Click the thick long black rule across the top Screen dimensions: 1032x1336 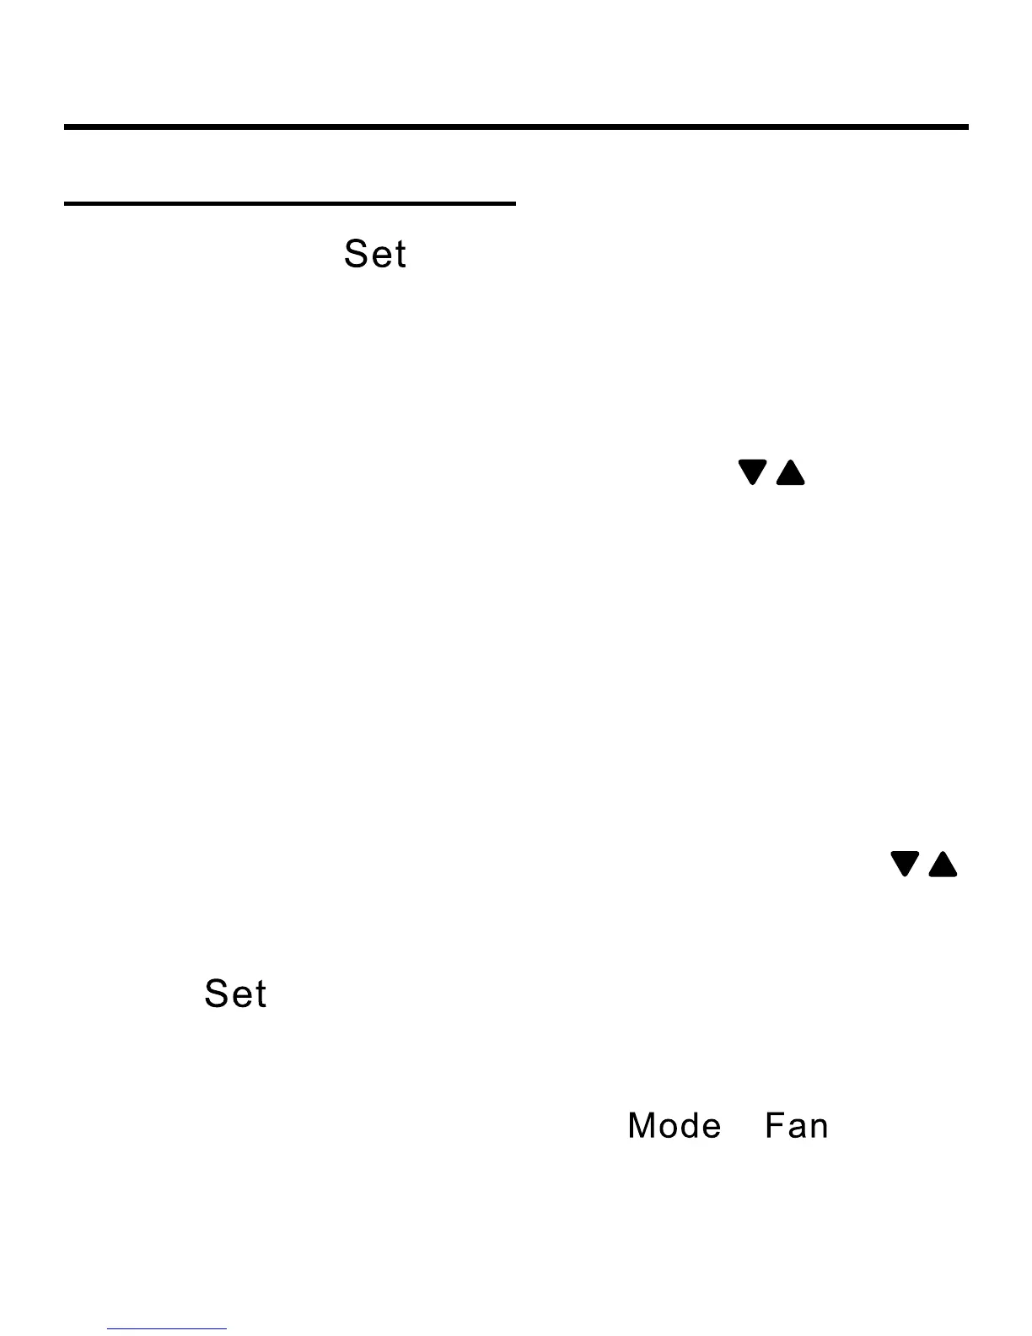516,127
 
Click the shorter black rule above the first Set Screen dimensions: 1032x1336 289,203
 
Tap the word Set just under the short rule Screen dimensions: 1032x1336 375,255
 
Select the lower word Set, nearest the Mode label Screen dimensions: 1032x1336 235,994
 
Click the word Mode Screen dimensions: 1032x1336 674,1127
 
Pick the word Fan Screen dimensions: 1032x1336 796,1127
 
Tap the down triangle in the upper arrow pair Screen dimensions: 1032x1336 753,471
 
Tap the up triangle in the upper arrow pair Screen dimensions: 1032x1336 790,473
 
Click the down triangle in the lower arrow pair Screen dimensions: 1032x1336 905,864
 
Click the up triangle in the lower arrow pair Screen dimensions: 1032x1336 943,865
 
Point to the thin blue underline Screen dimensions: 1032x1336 167,1329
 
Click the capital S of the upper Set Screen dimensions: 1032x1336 357,255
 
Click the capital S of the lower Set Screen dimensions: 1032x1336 217,994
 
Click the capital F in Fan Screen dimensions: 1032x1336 773,1127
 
